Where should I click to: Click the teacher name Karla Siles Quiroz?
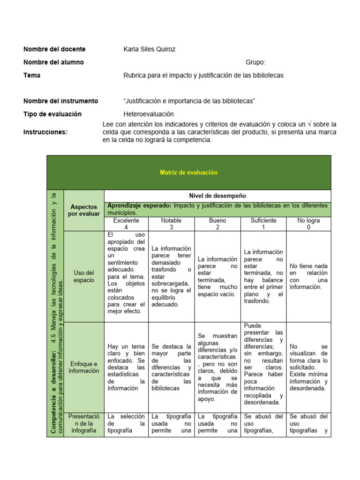click(x=149, y=49)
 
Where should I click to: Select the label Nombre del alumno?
click(x=53, y=62)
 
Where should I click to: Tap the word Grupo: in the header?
click(x=255, y=62)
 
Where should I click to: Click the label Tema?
click(x=32, y=75)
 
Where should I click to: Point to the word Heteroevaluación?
click(x=149, y=114)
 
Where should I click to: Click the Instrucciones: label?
click(x=45, y=132)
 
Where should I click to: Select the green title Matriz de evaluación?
click(x=189, y=172)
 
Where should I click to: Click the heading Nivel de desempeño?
click(x=217, y=195)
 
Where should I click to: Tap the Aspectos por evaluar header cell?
click(x=83, y=210)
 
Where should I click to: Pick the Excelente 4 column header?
click(x=126, y=224)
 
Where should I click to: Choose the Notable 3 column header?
click(x=172, y=224)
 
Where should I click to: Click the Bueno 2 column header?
click(x=217, y=224)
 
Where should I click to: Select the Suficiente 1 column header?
click(x=263, y=224)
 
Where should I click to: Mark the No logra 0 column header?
click(x=308, y=224)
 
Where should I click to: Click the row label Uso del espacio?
click(x=83, y=277)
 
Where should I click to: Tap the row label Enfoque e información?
click(x=83, y=367)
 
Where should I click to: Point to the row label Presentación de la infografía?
click(x=83, y=423)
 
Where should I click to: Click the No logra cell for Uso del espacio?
click(x=308, y=277)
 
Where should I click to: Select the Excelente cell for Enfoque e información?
click(x=126, y=367)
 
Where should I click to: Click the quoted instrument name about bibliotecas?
click(x=189, y=101)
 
